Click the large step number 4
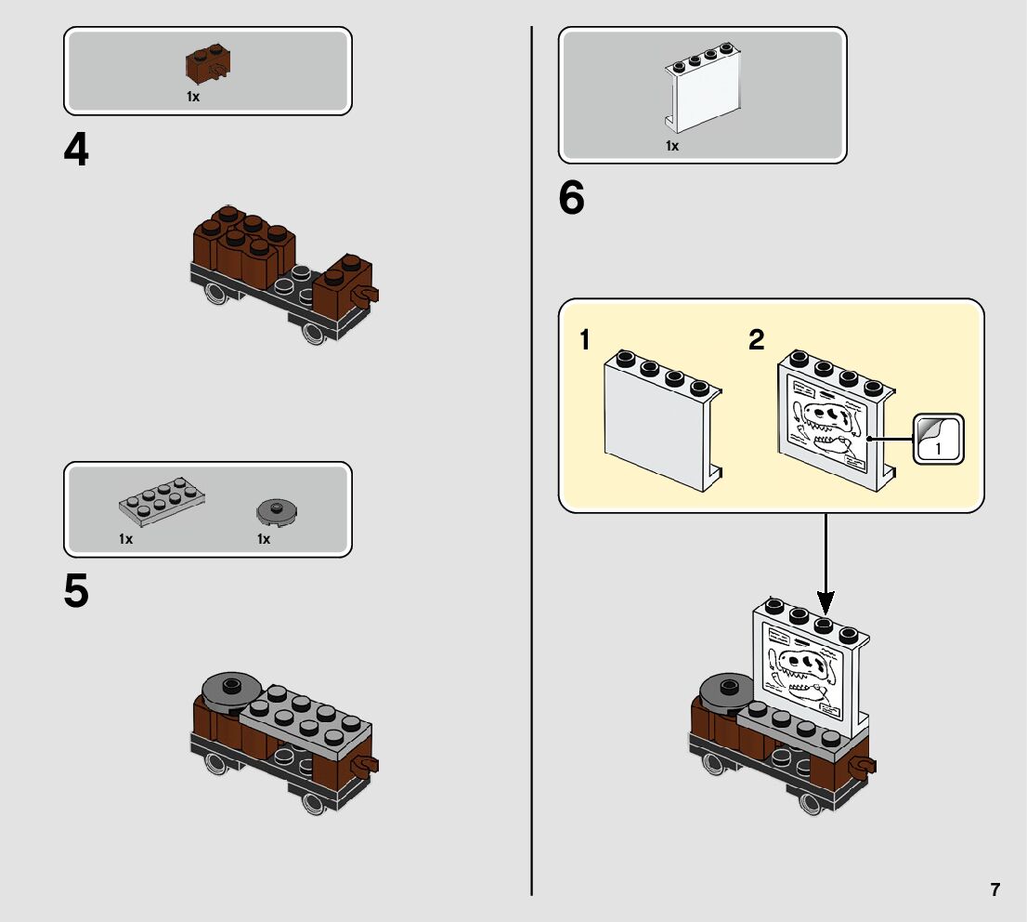pyautogui.click(x=76, y=151)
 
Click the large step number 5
pyautogui.click(x=76, y=591)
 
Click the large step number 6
pyautogui.click(x=572, y=199)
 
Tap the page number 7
pyautogui.click(x=995, y=889)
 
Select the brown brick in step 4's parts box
pyautogui.click(x=209, y=65)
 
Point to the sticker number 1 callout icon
pyautogui.click(x=939, y=440)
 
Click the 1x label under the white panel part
pyautogui.click(x=671, y=146)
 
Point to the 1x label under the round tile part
pyautogui.click(x=264, y=539)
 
